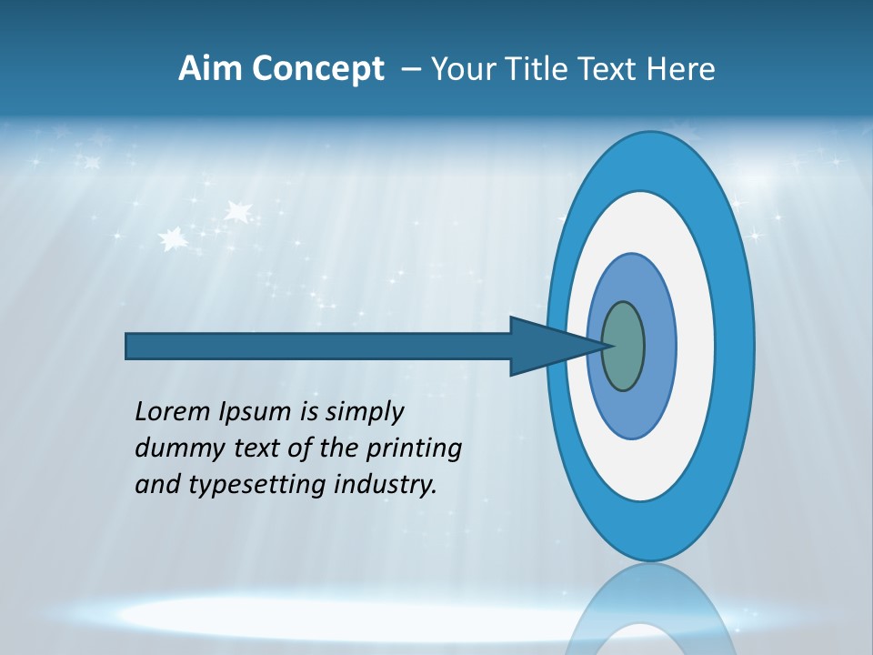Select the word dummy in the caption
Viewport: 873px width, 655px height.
pos(170,448)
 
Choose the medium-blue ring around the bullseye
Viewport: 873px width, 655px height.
pos(659,346)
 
